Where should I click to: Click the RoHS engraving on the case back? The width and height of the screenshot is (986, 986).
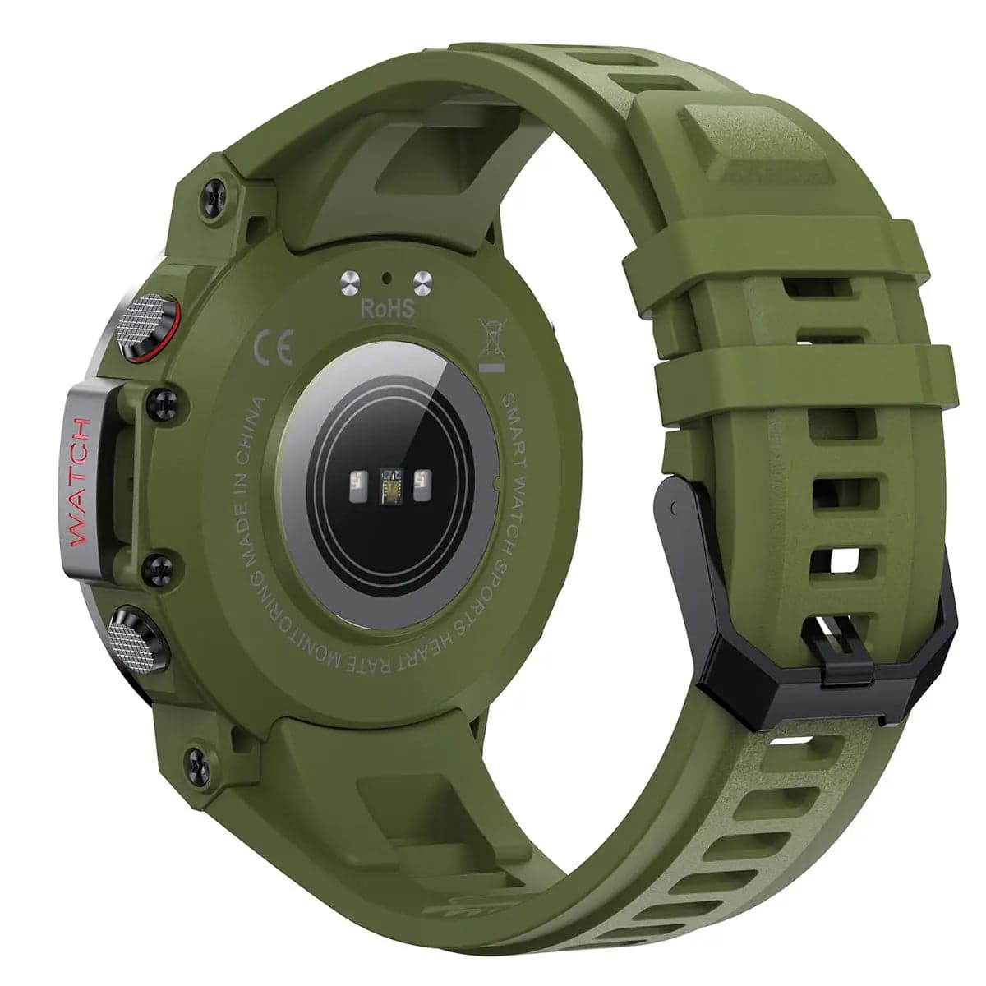[x=387, y=309]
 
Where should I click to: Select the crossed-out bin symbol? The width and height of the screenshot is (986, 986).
[x=491, y=343]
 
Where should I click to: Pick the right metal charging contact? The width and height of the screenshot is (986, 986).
[x=422, y=282]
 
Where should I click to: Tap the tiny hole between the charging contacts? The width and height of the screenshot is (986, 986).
[x=386, y=278]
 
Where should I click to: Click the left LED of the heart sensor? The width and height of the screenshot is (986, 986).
[x=358, y=484]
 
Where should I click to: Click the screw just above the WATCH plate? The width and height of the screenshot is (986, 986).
[x=162, y=403]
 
